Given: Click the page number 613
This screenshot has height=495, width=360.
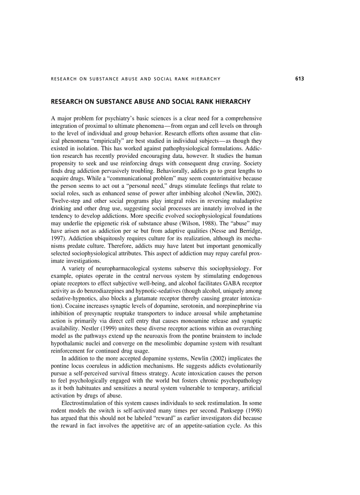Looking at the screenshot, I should coord(300,79).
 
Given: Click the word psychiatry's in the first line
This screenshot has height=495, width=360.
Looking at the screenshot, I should coord(113,119).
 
